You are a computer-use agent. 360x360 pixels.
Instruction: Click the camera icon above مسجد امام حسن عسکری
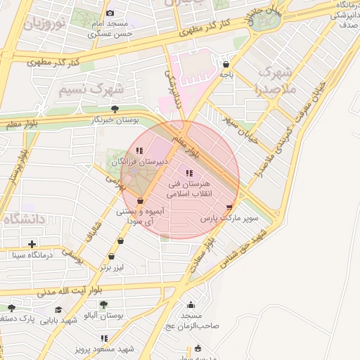pyautogui.click(x=110, y=13)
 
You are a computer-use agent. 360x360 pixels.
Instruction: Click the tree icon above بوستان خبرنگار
pyautogui.click(x=115, y=109)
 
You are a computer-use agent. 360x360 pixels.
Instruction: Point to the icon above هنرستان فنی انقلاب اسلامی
pyautogui.click(x=188, y=173)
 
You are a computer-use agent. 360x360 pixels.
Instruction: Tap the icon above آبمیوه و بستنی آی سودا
pyautogui.click(x=141, y=201)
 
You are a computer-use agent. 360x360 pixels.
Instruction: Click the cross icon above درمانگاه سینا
pyautogui.click(x=32, y=244)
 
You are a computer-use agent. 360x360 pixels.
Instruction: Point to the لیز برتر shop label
pyautogui.click(x=112, y=267)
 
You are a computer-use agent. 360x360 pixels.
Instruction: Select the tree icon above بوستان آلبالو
pyautogui.click(x=103, y=304)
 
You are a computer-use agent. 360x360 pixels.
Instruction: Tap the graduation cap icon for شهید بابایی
pyautogui.click(x=59, y=310)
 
